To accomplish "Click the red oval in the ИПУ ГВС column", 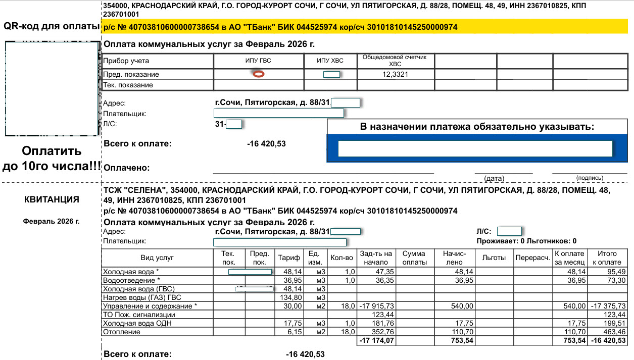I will [259, 74].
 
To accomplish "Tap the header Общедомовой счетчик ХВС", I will [395, 61].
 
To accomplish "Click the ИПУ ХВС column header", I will [330, 61].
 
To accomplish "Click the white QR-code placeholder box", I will [52, 89].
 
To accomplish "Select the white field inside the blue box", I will [475, 148].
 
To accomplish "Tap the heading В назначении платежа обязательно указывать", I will [477, 127].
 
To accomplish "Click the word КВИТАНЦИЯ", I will [52, 199].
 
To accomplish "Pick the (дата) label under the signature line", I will [494, 178].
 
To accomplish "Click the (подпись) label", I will [590, 178].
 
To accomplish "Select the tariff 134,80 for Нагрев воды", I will [290, 297].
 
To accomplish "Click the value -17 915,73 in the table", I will [376, 306].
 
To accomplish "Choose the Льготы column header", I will [494, 258].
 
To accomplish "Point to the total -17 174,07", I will [376, 341].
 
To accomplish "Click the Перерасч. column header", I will [532, 258].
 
